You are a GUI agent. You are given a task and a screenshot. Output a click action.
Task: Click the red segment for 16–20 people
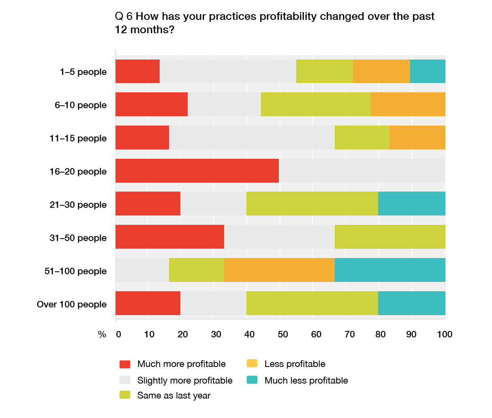coord(197,171)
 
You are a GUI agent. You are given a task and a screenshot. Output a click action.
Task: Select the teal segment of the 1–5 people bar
coord(428,71)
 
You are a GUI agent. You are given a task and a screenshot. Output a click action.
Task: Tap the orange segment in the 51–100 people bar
coord(279,270)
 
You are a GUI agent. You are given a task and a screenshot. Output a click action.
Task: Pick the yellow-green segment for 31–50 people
coord(390,237)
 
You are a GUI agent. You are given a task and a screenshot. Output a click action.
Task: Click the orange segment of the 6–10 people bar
coord(408,104)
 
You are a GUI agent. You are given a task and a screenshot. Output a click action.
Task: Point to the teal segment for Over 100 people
coord(411,303)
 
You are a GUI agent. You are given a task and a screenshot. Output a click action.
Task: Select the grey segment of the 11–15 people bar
coord(252,138)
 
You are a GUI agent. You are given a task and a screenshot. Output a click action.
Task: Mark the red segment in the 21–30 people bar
coord(148,203)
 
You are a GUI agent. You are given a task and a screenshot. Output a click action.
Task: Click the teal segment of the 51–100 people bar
coord(390,270)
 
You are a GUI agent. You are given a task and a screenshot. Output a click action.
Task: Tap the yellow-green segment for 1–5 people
coord(324,71)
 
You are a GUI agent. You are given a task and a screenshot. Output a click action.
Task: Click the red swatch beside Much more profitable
coord(125,364)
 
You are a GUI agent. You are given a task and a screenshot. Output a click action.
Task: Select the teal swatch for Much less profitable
coord(252,380)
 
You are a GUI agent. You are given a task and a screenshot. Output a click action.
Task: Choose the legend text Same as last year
coord(174,396)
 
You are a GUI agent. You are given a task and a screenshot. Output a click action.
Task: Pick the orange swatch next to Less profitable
coord(252,363)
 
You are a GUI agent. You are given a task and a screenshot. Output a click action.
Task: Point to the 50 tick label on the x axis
coord(283,334)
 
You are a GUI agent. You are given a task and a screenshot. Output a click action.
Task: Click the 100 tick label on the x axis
coord(445,334)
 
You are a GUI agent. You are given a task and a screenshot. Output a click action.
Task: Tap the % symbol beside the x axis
coord(102,335)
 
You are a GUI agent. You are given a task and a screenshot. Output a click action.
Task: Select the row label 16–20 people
coord(78,171)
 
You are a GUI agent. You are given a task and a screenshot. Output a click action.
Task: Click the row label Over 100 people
coord(72,304)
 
